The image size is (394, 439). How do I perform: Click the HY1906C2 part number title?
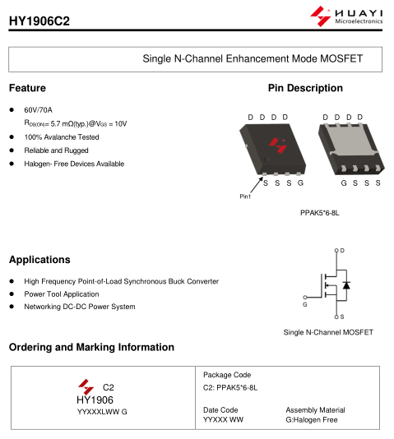(x=39, y=21)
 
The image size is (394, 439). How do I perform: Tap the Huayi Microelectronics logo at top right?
(x=346, y=16)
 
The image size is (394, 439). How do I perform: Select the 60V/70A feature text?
(x=38, y=110)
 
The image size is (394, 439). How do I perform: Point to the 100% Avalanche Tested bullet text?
(x=62, y=137)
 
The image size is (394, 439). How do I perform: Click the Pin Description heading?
(x=305, y=88)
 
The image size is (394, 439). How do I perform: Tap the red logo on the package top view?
(x=278, y=146)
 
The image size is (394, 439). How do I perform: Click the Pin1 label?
(x=245, y=196)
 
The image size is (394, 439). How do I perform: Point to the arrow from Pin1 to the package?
(x=257, y=184)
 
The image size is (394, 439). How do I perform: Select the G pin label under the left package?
(x=300, y=183)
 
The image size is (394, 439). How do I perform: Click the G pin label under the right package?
(x=344, y=183)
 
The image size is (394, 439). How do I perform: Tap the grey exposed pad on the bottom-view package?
(x=352, y=139)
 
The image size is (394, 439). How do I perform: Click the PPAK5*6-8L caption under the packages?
(x=320, y=213)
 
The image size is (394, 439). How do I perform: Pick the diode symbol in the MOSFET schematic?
(x=346, y=285)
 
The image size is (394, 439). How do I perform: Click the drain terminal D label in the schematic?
(x=342, y=251)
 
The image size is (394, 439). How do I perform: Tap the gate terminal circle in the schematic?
(x=305, y=298)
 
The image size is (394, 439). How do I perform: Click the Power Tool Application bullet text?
(x=62, y=294)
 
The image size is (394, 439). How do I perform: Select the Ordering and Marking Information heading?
(x=91, y=347)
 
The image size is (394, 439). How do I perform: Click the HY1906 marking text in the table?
(x=95, y=400)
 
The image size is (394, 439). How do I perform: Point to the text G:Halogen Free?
(x=312, y=420)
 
